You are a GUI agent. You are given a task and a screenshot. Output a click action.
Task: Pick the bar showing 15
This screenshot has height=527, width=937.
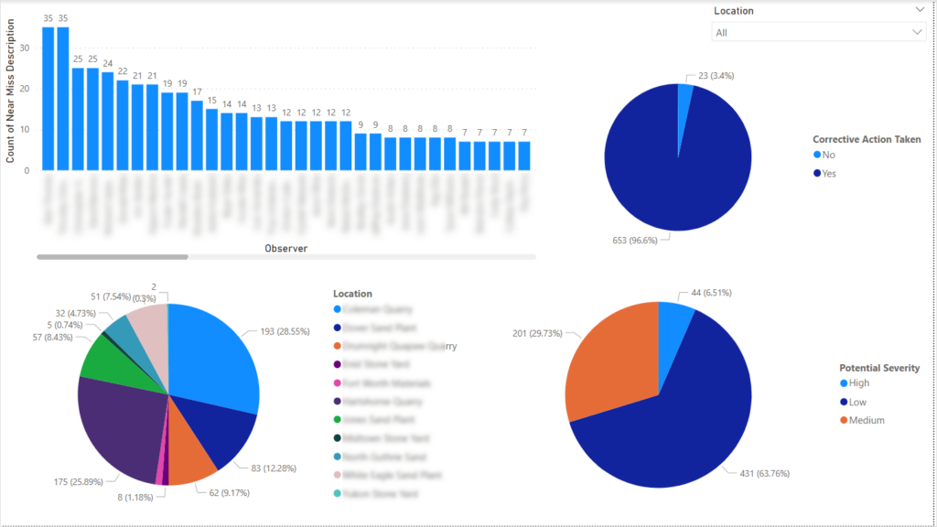pyautogui.click(x=211, y=139)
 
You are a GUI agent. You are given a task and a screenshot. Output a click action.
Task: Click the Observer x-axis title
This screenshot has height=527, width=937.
pyautogui.click(x=285, y=248)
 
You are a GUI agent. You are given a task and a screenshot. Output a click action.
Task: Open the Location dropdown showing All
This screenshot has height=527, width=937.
pyautogui.click(x=818, y=32)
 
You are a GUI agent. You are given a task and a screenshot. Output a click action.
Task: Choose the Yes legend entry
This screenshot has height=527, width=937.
pyautogui.click(x=828, y=173)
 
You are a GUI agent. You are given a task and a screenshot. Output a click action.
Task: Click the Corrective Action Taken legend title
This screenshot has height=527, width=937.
pyautogui.click(x=866, y=139)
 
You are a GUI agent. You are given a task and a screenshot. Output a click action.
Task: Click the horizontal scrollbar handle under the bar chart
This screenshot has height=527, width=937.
pyautogui.click(x=112, y=257)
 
